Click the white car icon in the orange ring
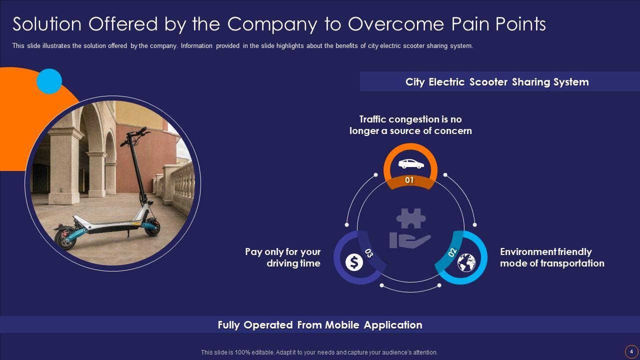click(x=410, y=163)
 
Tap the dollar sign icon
click(x=354, y=262)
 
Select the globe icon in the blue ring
click(x=466, y=262)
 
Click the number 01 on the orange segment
click(x=409, y=180)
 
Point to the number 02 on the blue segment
click(x=452, y=252)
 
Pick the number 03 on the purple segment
click(x=369, y=252)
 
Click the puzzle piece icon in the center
click(x=410, y=218)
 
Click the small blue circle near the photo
click(x=49, y=81)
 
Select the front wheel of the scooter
click(x=152, y=227)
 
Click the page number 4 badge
click(x=631, y=351)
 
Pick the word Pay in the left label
click(x=253, y=252)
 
